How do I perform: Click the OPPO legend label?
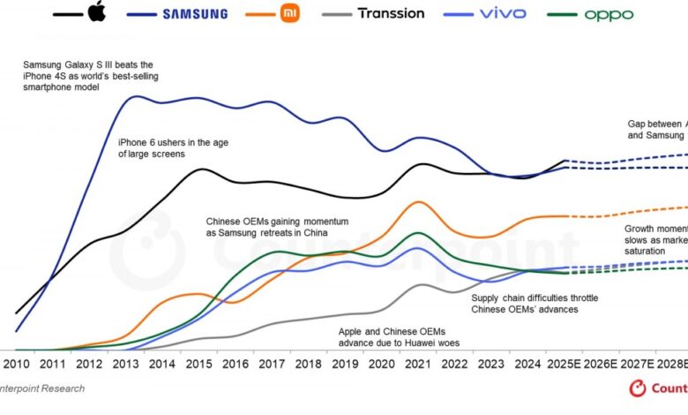[608, 14]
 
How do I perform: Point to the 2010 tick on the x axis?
[15, 363]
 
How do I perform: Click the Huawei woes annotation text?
[399, 336]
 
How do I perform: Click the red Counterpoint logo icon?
[637, 389]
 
